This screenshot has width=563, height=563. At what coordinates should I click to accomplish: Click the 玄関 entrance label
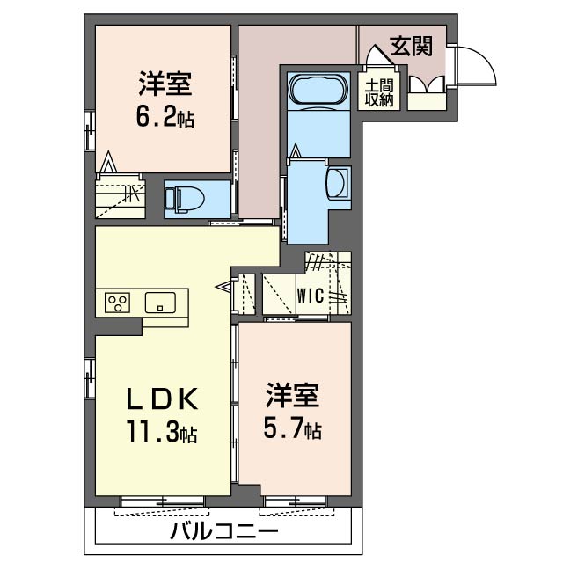pyautogui.click(x=412, y=47)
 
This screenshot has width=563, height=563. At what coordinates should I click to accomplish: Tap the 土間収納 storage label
pyautogui.click(x=380, y=91)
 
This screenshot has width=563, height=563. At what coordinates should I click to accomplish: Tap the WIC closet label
pyautogui.click(x=309, y=296)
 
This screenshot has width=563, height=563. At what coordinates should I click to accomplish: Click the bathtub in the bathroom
pyautogui.click(x=318, y=91)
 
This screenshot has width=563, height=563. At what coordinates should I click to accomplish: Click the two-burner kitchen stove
pyautogui.click(x=117, y=303)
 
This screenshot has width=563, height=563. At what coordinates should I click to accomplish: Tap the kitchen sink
pyautogui.click(x=160, y=303)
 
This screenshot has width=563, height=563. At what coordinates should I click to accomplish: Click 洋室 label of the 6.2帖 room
pyautogui.click(x=165, y=86)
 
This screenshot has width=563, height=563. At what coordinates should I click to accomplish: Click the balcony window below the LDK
pyautogui.click(x=162, y=502)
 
